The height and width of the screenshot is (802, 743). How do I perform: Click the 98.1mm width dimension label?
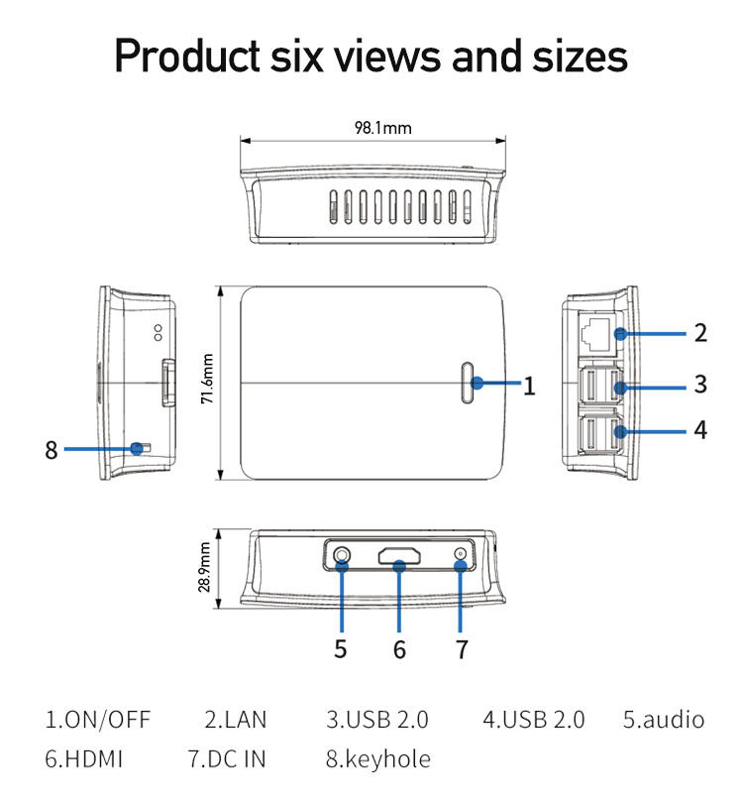382,128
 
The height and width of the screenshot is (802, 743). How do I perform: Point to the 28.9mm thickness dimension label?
205,566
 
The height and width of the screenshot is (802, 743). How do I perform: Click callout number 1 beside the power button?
529,386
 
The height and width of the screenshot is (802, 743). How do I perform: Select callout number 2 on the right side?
700,332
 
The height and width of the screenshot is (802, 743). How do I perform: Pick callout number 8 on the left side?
52,450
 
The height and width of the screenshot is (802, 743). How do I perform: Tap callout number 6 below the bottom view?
399,649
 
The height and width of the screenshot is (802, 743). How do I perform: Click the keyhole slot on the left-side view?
140,448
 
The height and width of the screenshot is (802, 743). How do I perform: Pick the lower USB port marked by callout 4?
592,432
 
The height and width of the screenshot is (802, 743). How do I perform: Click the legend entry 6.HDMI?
84,759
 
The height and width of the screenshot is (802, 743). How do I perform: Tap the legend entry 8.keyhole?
377,759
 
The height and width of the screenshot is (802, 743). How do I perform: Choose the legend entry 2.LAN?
236,719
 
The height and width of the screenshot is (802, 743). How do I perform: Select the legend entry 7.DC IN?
227,759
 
